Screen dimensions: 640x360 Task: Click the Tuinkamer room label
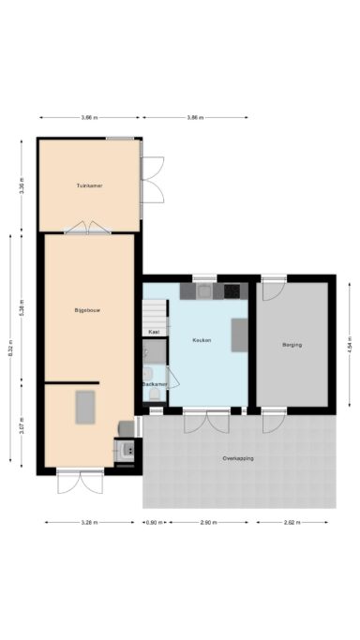pyautogui.click(x=89, y=186)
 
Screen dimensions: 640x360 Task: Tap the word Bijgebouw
pyautogui.click(x=89, y=308)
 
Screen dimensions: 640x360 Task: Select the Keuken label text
pyautogui.click(x=201, y=340)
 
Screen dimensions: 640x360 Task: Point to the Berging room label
pyautogui.click(x=292, y=346)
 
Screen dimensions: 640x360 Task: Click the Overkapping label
pyautogui.click(x=238, y=458)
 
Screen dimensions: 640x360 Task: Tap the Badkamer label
pyautogui.click(x=155, y=384)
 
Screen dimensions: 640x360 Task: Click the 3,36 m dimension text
pyautogui.click(x=22, y=184)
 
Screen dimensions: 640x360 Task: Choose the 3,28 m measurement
pyautogui.click(x=88, y=522)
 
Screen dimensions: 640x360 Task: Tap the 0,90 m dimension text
pyautogui.click(x=153, y=522)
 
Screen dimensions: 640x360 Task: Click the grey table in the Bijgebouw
pyautogui.click(x=85, y=407)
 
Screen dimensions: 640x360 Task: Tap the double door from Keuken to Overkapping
pyautogui.click(x=206, y=421)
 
